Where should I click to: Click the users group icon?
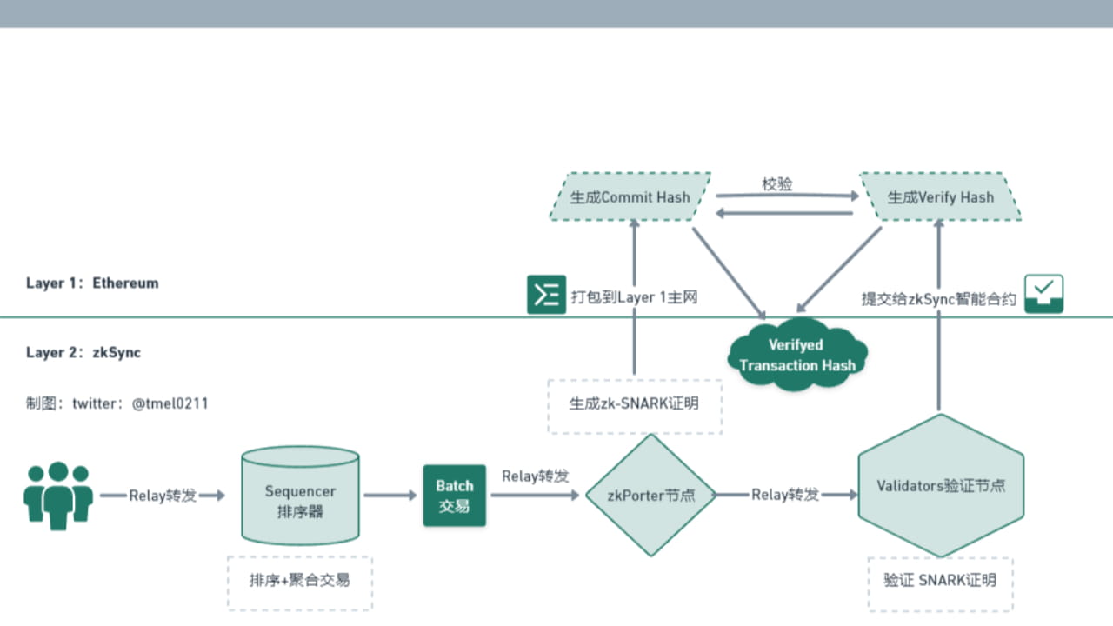(x=58, y=496)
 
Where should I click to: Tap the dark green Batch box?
(x=454, y=496)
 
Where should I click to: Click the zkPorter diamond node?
(x=651, y=495)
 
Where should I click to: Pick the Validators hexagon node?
(x=941, y=485)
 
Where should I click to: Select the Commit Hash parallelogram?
(x=630, y=196)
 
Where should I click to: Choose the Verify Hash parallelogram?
(x=940, y=196)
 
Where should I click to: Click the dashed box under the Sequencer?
(x=299, y=580)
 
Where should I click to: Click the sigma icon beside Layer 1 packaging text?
(x=546, y=295)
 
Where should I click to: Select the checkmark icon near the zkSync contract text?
(x=1043, y=295)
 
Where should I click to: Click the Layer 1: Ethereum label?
(x=92, y=283)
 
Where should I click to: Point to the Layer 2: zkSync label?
(x=83, y=352)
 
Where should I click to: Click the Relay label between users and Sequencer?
(x=163, y=496)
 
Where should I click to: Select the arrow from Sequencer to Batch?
(x=390, y=496)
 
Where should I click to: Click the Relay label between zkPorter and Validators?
(x=785, y=495)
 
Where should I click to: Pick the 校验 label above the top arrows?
(x=777, y=184)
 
